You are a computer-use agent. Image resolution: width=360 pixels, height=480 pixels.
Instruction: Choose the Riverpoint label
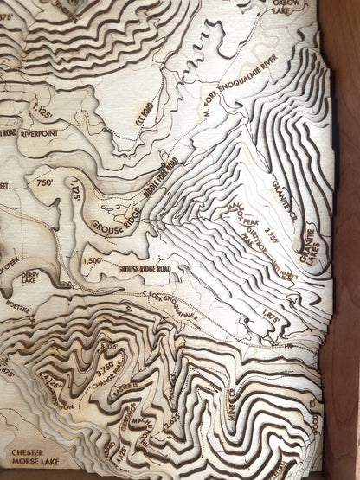[39, 134]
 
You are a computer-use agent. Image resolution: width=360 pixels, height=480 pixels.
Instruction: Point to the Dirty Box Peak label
[245, 234]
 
